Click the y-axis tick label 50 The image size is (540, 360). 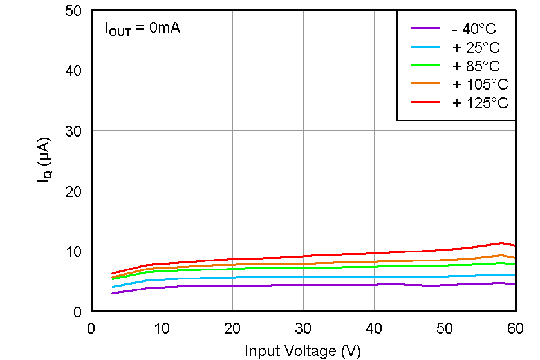click(73, 10)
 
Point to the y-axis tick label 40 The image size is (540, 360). click(73, 70)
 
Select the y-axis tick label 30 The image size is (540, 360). click(73, 131)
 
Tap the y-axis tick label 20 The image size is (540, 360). click(73, 191)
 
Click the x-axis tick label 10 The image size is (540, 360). click(162, 328)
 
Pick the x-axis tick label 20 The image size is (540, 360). click(232, 328)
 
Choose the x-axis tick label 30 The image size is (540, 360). click(303, 328)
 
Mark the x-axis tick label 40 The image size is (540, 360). click(374, 328)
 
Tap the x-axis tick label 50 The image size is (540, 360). click(445, 328)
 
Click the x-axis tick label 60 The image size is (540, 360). click(515, 328)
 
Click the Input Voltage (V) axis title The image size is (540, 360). click(303, 350)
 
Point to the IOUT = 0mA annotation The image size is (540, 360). click(143, 29)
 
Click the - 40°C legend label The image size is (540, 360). click(474, 28)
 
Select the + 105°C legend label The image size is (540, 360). click(479, 84)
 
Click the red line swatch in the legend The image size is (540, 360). click(425, 102)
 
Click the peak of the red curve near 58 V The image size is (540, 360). click(501, 243)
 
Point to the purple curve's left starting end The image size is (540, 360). click(113, 293)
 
